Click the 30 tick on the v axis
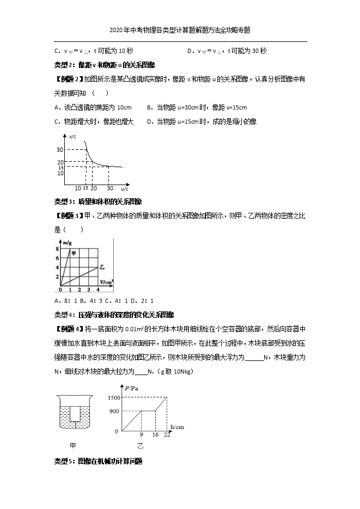60,150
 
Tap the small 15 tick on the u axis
86,188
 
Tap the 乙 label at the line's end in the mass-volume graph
102,267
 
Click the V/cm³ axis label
106,281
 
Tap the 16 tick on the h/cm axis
155,436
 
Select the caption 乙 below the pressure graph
140,446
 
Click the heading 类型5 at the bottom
65,461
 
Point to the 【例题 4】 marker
69,329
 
